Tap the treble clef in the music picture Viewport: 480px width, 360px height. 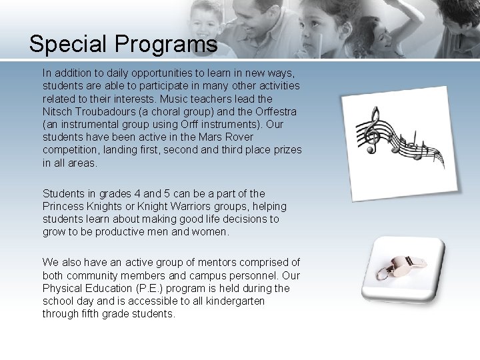[367, 131]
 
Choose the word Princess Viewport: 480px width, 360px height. [64, 207]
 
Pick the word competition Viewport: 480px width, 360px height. [71, 149]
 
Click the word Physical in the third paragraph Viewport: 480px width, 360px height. [63, 289]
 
